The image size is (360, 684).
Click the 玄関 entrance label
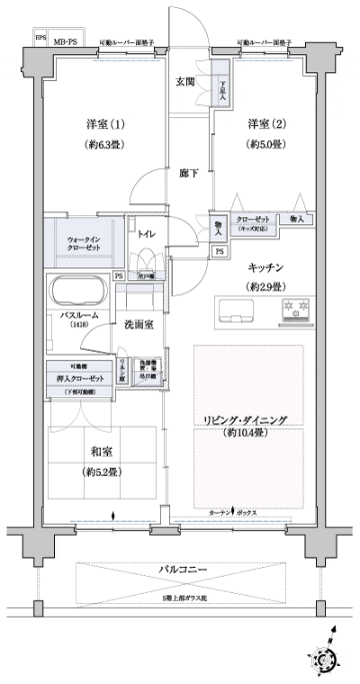(185, 81)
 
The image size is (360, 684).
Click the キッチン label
(267, 266)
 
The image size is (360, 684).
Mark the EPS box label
(40, 37)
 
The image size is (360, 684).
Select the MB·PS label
(65, 41)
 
